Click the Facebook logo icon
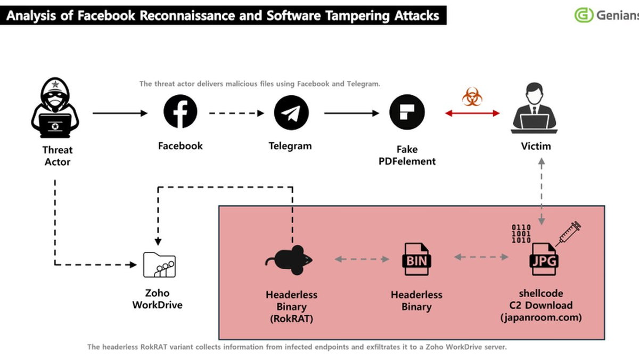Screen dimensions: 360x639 tap(180, 113)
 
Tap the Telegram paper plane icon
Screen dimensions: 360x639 tap(291, 113)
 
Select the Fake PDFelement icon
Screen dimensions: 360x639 tap(407, 113)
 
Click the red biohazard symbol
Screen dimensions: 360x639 tap(471, 97)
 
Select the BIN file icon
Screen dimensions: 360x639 tap(416, 259)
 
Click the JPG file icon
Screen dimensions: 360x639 tap(543, 259)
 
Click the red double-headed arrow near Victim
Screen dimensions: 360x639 tap(472, 113)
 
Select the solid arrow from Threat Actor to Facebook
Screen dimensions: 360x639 tap(119, 113)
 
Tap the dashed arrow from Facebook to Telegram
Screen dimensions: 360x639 tap(236, 113)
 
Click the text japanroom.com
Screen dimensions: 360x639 tap(540, 317)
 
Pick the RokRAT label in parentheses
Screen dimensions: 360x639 tap(291, 318)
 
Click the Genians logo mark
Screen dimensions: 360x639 tap(584, 15)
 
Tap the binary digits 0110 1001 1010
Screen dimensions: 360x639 tap(521, 234)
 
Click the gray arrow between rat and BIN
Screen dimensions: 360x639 tap(362, 259)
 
